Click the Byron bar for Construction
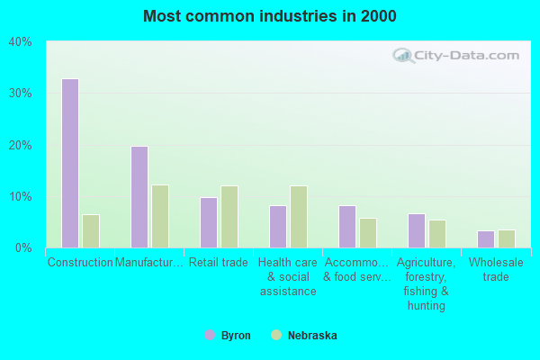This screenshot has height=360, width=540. tap(70, 163)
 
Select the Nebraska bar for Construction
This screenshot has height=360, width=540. tap(91, 230)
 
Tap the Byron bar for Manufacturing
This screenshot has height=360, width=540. tap(139, 196)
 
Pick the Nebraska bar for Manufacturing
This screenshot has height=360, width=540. tap(160, 216)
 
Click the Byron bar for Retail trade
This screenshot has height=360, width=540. tap(209, 222)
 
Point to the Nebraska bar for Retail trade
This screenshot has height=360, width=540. tap(229, 216)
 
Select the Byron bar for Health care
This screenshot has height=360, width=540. tap(278, 226)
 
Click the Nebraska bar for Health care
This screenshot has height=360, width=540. tap(299, 216)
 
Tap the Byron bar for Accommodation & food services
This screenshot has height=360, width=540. tap(347, 226)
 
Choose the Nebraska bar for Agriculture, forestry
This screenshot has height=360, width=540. tap(437, 233)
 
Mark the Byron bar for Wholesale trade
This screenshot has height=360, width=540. tap(486, 238)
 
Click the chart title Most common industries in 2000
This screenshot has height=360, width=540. tap(269, 16)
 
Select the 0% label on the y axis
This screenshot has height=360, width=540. tap(23, 247)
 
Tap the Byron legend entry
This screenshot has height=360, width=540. tap(229, 335)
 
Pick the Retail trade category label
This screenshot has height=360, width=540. tap(219, 263)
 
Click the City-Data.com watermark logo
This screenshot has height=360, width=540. tap(454, 56)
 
